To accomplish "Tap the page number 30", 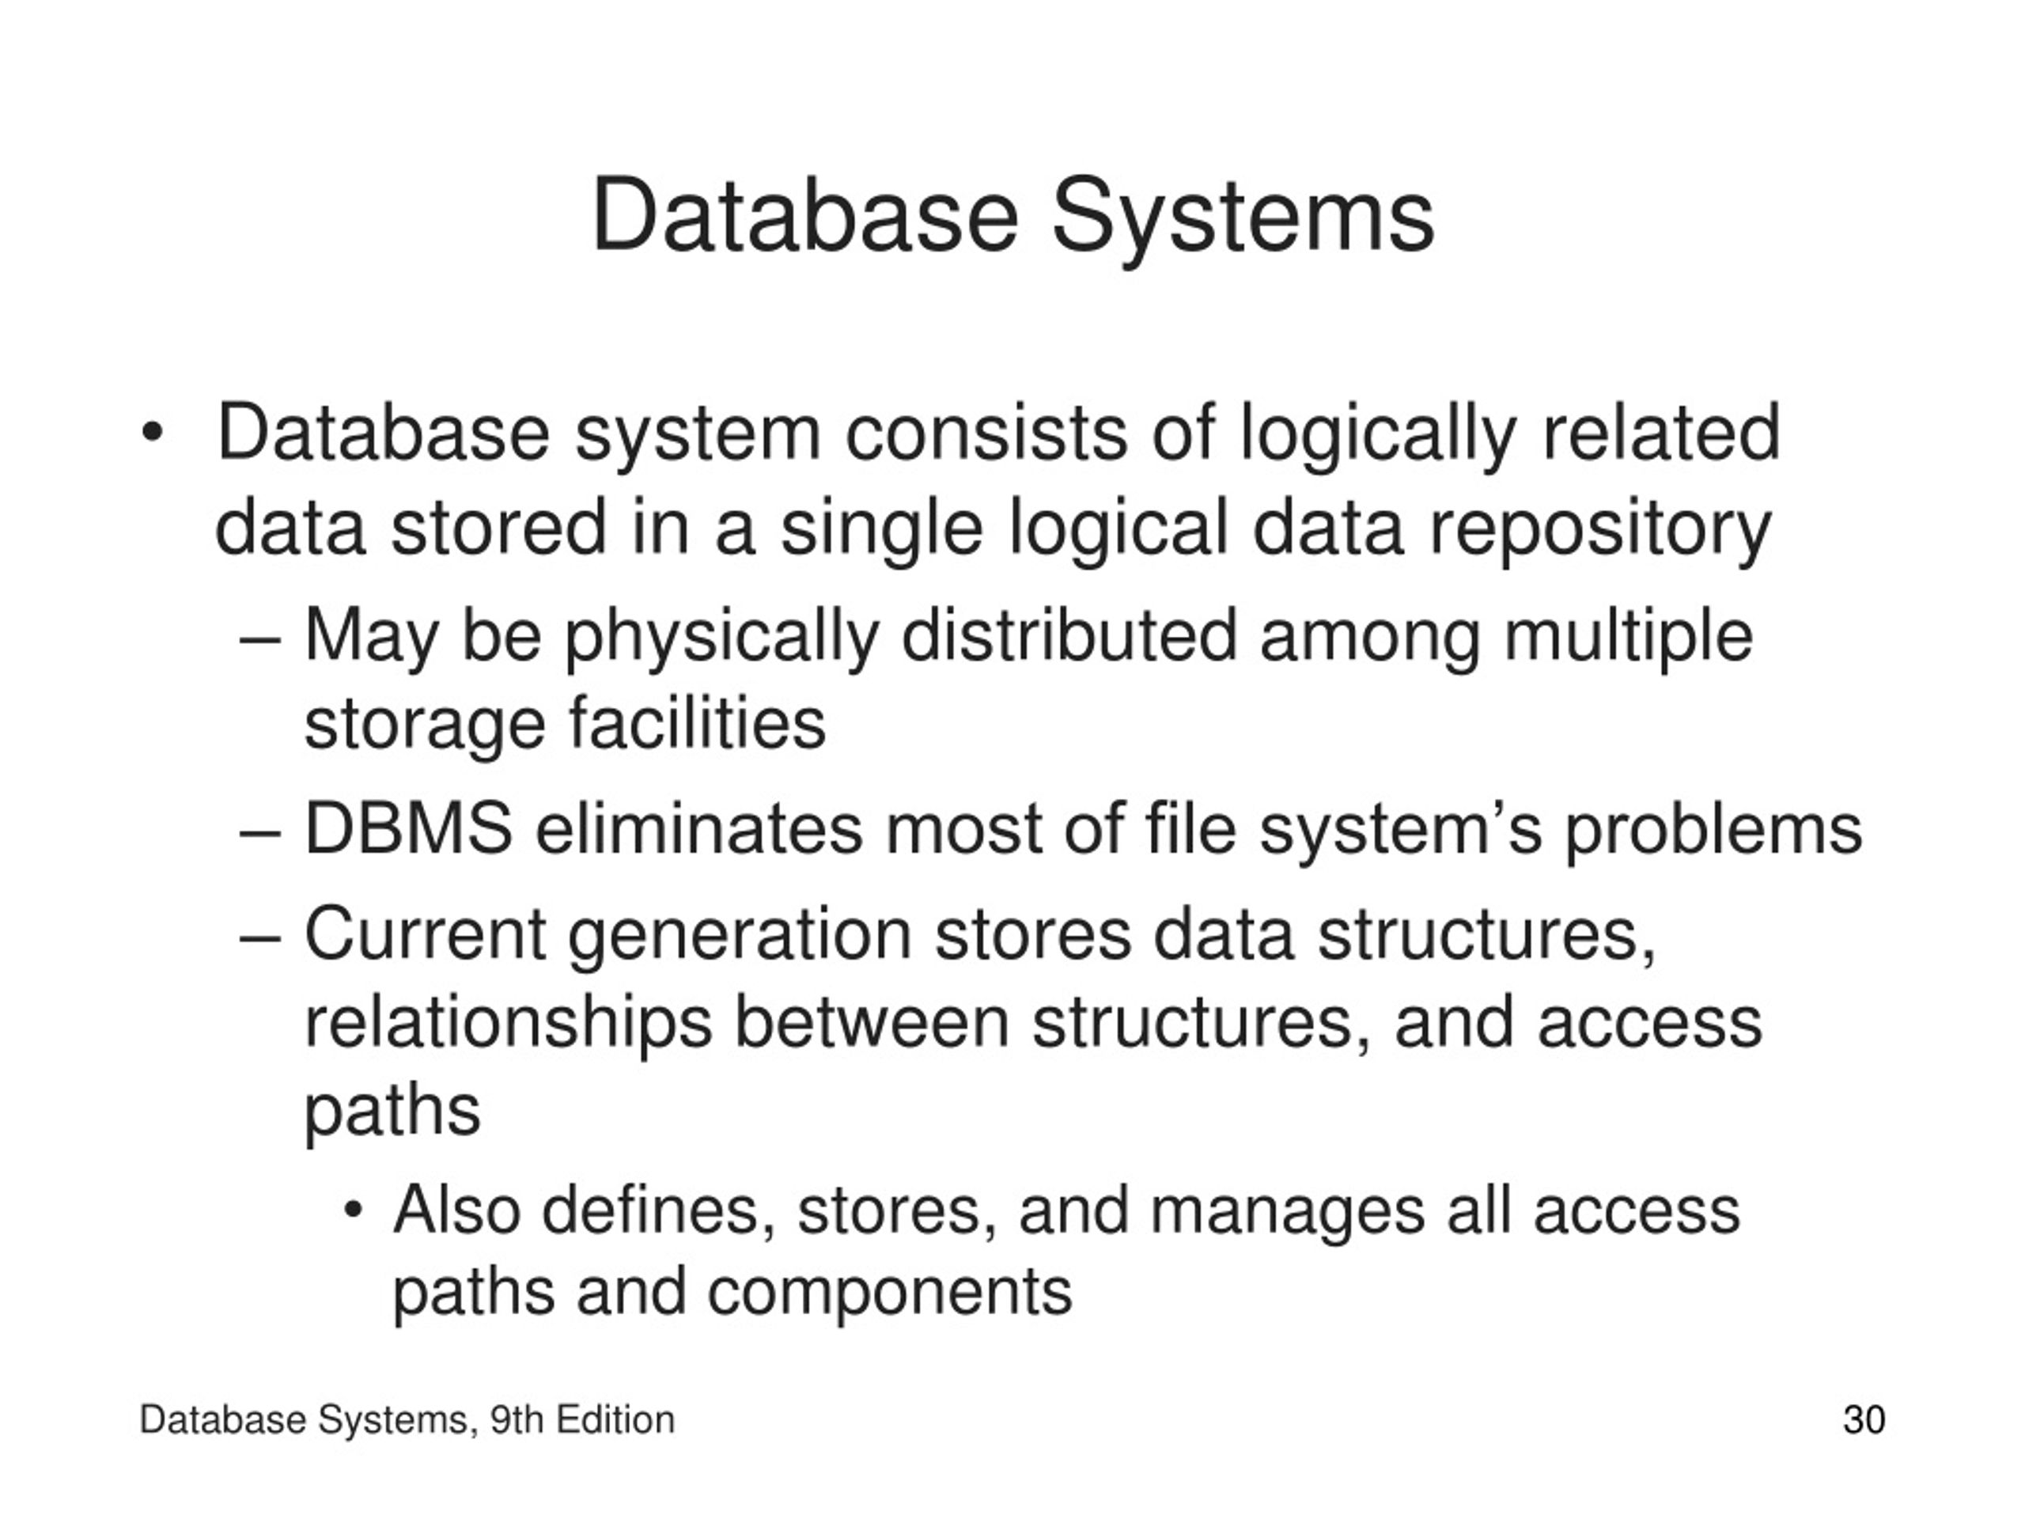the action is coord(1864,1420).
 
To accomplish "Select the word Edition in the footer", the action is coord(615,1420).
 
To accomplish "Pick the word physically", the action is coord(721,637).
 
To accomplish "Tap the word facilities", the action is coord(698,722).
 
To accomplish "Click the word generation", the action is coord(740,936).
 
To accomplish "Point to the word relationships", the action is coord(508,1024).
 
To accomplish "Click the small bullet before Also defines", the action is coord(354,1211).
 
